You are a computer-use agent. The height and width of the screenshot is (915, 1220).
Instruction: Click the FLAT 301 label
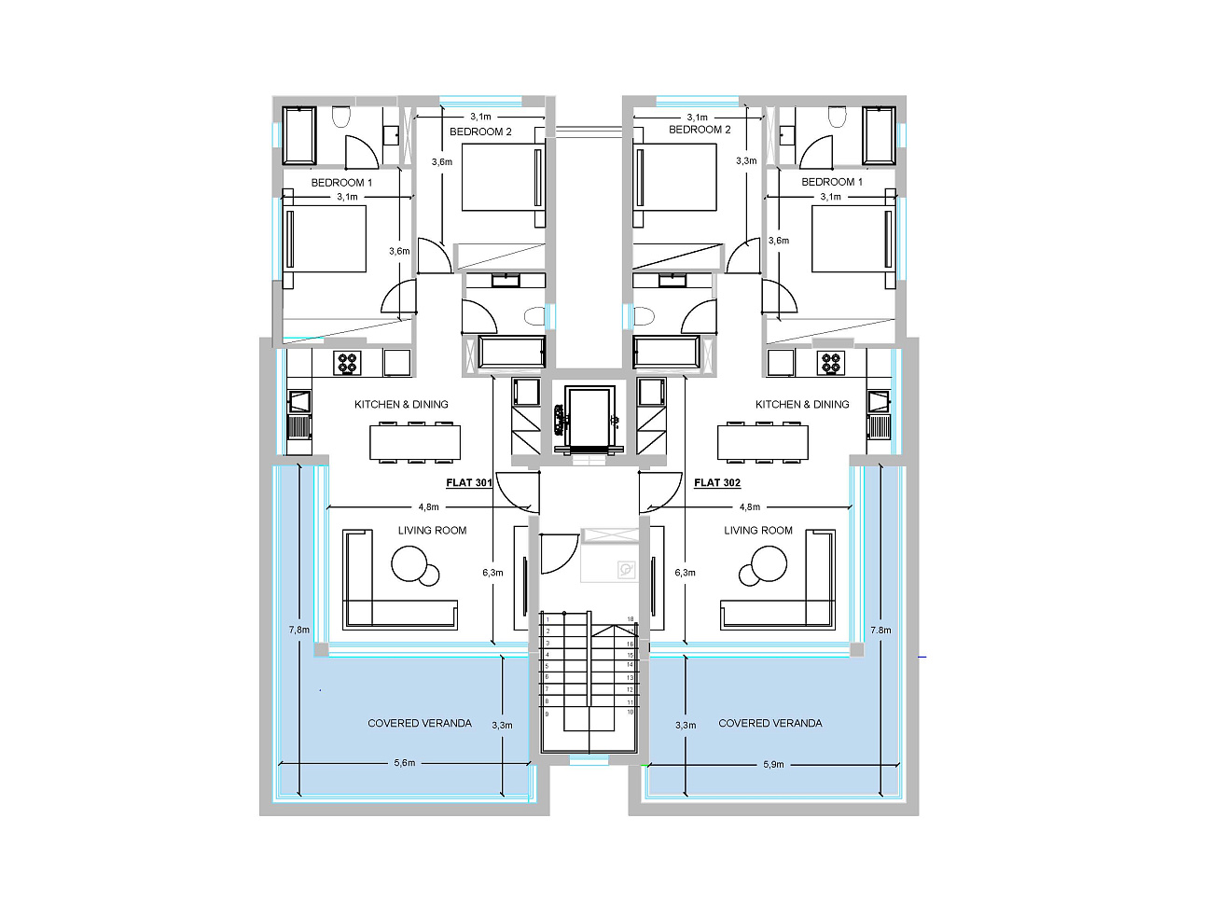click(x=469, y=483)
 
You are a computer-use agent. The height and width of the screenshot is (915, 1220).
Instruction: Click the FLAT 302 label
click(x=717, y=483)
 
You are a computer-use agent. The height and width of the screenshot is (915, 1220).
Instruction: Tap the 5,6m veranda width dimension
click(x=405, y=763)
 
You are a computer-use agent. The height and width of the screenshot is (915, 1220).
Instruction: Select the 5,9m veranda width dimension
click(x=773, y=765)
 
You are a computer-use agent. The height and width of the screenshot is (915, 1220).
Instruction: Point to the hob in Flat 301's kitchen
click(x=347, y=364)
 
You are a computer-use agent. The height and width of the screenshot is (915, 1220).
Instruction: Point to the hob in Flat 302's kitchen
click(x=831, y=364)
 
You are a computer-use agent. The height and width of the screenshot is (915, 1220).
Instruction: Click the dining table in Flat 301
click(x=415, y=442)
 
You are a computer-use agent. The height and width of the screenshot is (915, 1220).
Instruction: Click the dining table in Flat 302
click(x=763, y=442)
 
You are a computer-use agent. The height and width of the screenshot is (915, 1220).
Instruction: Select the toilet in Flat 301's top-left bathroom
click(x=340, y=117)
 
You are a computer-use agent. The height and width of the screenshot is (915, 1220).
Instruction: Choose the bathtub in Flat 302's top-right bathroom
click(x=879, y=135)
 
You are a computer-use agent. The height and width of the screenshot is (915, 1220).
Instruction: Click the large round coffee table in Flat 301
click(x=409, y=563)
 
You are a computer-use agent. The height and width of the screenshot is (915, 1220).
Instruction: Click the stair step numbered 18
click(x=631, y=619)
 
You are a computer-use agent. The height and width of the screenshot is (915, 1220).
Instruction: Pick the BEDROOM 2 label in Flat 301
click(x=480, y=132)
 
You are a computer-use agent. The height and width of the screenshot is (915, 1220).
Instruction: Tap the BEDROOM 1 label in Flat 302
click(x=831, y=182)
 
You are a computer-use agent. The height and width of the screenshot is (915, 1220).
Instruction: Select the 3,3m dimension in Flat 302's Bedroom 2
click(x=746, y=160)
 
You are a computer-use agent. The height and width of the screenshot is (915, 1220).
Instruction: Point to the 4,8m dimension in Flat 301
click(x=428, y=506)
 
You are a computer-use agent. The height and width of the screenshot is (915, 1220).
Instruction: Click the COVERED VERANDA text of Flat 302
click(x=769, y=723)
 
